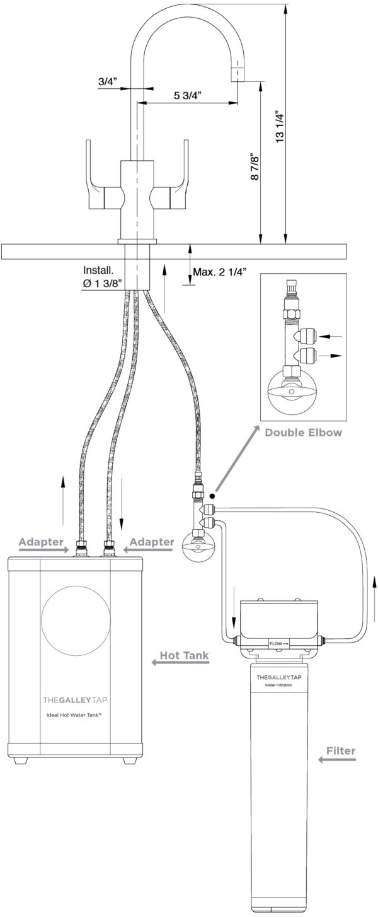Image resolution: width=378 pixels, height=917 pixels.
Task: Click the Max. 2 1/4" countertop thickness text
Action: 219,272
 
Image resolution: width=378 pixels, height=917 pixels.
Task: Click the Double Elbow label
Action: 304,433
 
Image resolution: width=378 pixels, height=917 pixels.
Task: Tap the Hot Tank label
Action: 184,657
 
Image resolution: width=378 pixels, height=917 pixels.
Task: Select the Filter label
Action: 341,751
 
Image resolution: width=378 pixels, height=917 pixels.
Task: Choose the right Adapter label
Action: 151,542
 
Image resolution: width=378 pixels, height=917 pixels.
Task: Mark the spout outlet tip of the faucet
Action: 238,75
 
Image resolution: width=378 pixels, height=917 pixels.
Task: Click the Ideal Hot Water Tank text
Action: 75,715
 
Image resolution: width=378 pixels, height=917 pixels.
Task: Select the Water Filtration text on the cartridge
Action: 277,684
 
